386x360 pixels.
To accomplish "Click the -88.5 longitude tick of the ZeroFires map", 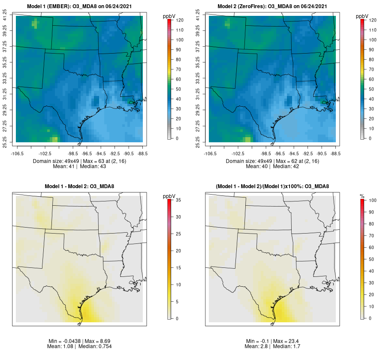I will pos(336,153).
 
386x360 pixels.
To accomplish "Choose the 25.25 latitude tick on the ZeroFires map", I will pos(199,142).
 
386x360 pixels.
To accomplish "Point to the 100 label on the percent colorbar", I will pos(372,200).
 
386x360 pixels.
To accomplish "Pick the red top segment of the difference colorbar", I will pos(170,201).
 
